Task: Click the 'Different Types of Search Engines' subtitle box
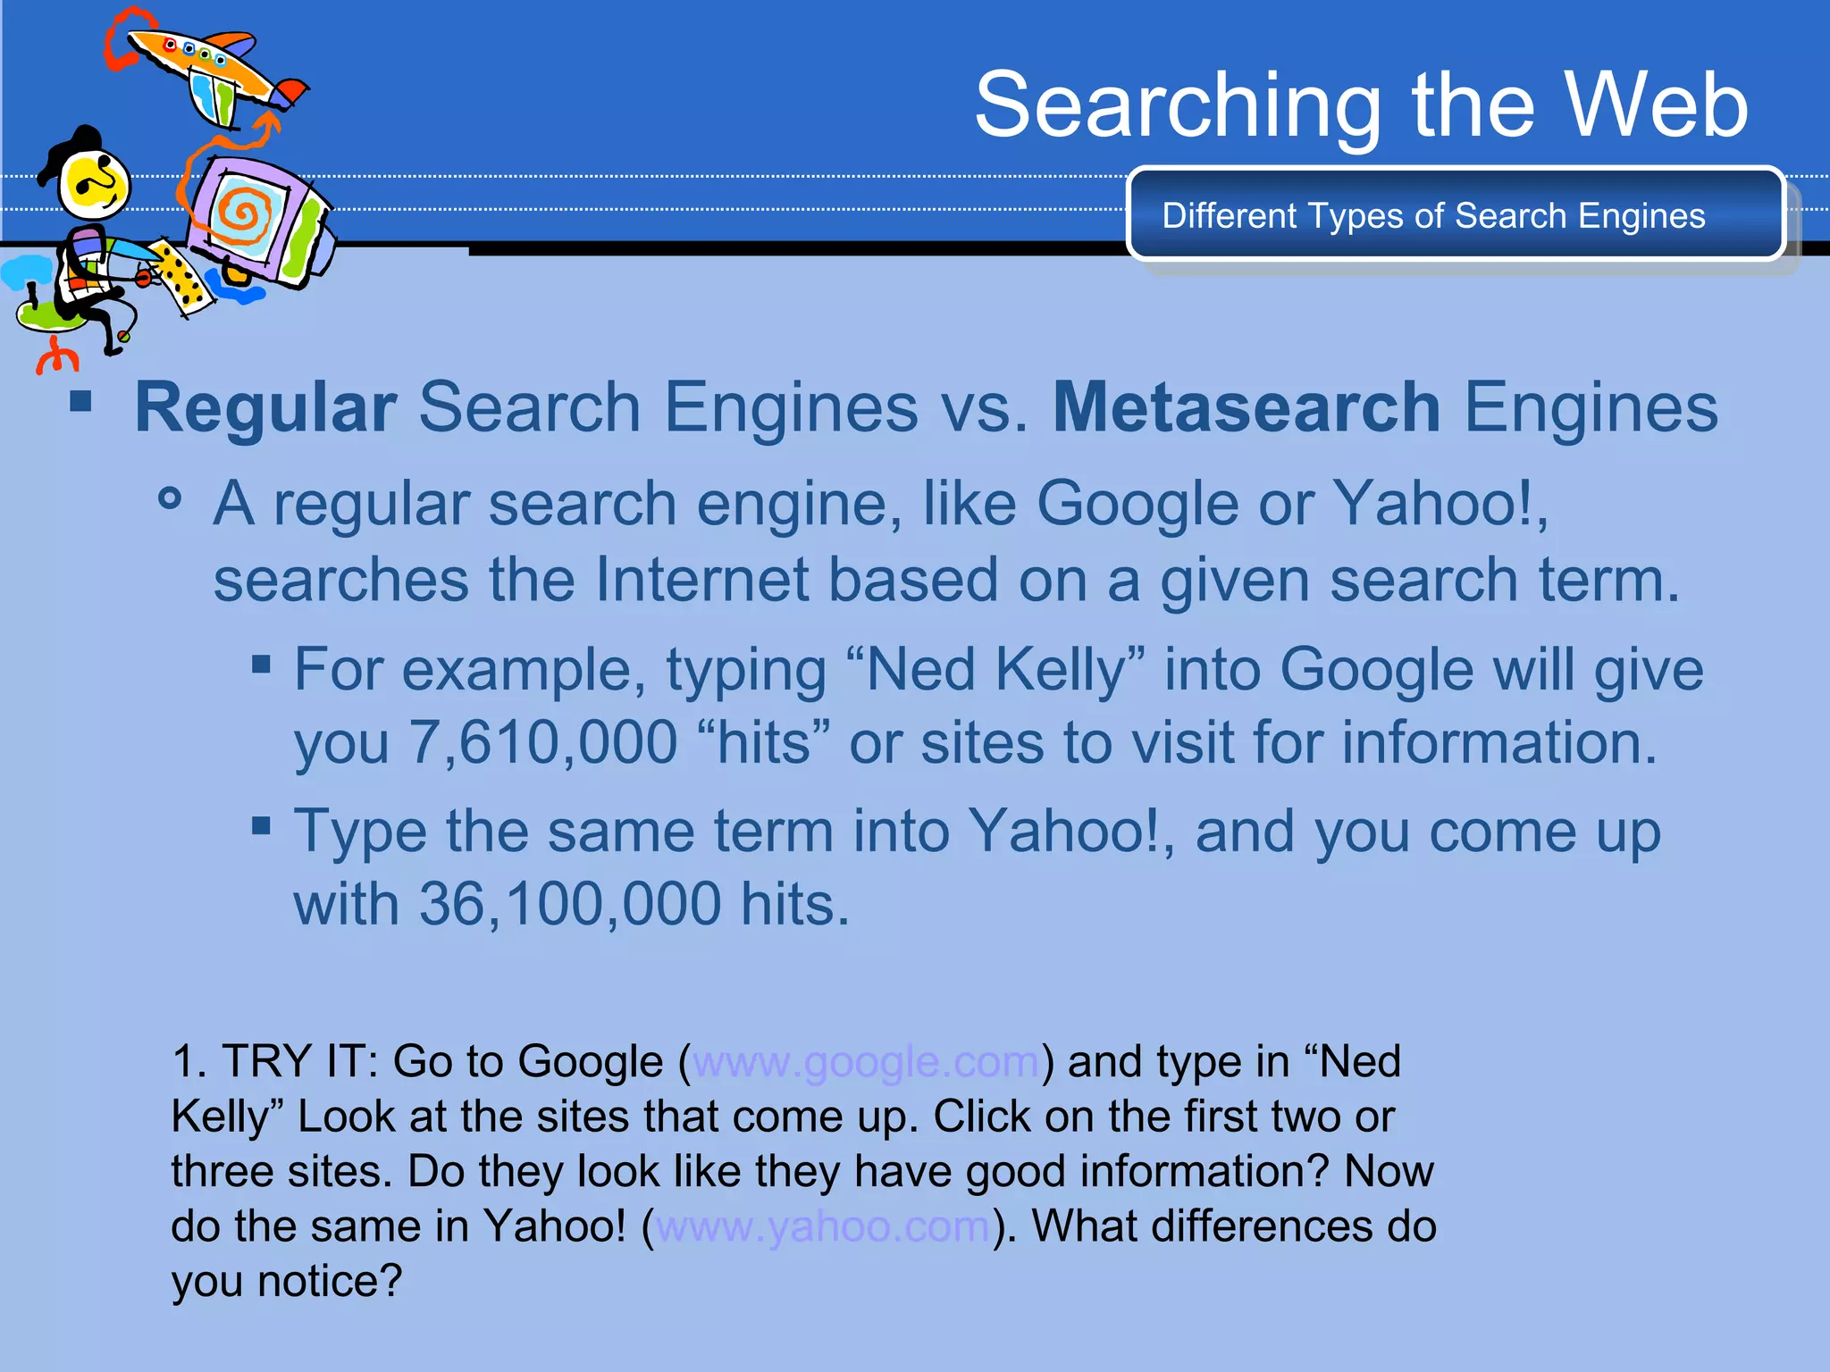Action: click(1455, 215)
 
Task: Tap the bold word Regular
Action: click(265, 408)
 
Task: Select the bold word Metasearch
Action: click(1246, 408)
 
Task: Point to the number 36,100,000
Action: click(570, 905)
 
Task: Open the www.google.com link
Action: click(865, 1062)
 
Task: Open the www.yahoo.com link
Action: click(822, 1226)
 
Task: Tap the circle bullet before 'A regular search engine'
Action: click(170, 498)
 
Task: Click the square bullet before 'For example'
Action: click(261, 664)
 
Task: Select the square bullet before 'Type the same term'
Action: click(261, 825)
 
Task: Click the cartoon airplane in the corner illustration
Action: click(210, 71)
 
